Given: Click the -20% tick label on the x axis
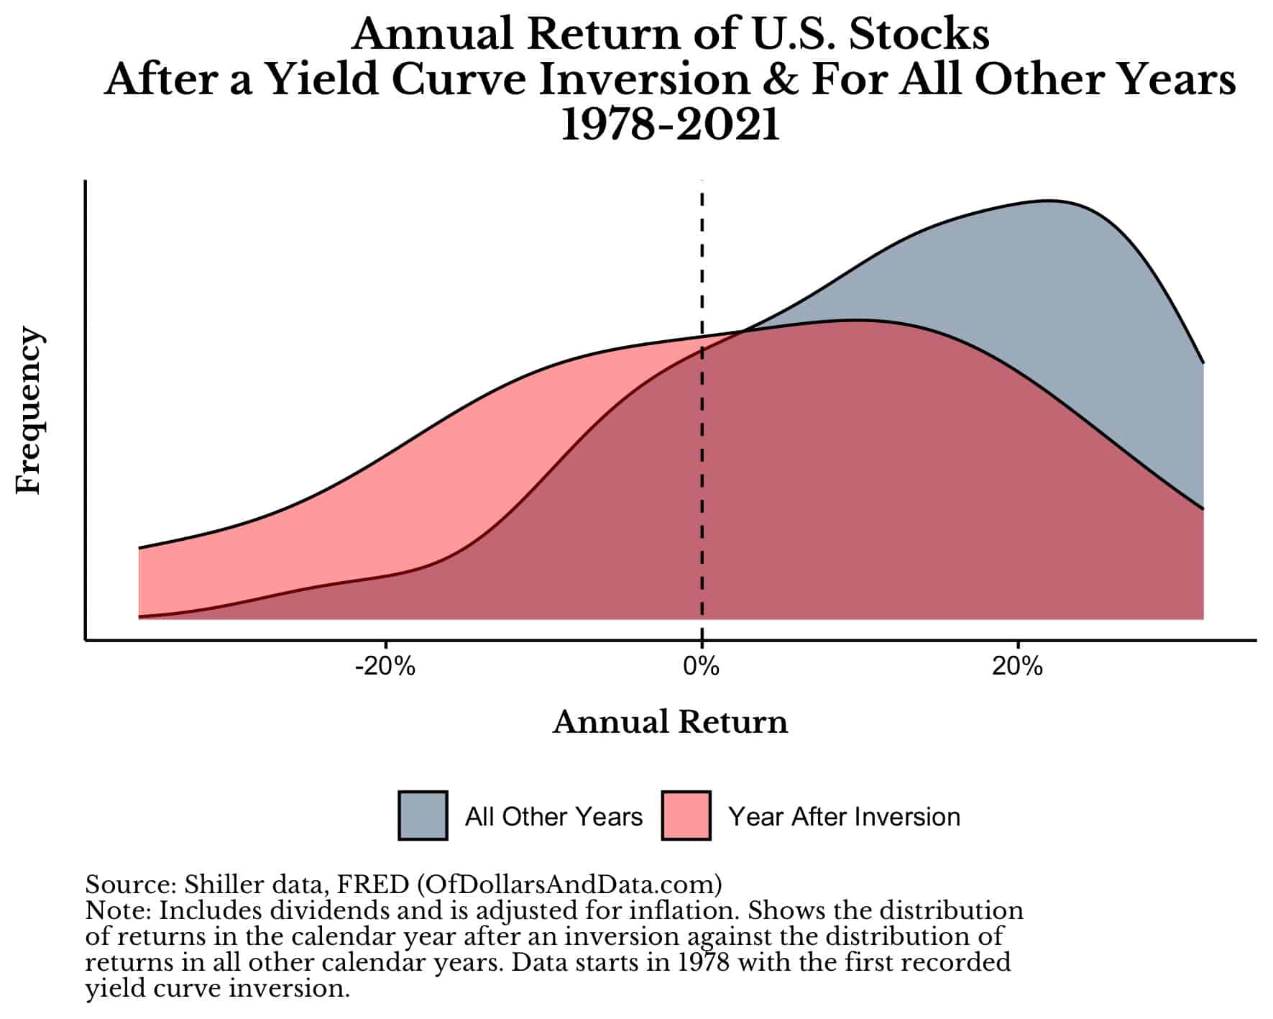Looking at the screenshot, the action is [385, 667].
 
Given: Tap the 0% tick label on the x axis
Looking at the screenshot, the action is [702, 667].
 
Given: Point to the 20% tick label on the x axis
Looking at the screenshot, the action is [1017, 667].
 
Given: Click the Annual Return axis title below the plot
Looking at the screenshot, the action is [670, 722].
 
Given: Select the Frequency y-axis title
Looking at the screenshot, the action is [29, 410].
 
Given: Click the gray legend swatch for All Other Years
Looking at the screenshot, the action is [423, 815].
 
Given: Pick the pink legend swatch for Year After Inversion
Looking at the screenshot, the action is [686, 815].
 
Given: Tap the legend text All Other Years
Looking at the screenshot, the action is [553, 817].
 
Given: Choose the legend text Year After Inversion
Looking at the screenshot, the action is [844, 817].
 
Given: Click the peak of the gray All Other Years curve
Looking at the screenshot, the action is [1049, 201].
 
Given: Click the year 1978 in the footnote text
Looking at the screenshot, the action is [704, 962].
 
